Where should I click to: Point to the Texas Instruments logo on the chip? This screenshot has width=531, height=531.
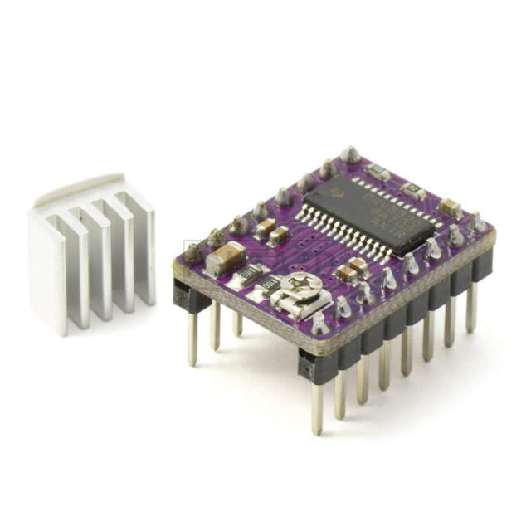[x=335, y=193]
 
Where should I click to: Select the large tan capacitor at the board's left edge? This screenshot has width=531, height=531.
[x=225, y=258]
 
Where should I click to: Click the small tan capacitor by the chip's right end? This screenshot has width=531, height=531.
[x=451, y=207]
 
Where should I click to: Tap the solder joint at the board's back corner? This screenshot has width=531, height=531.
[x=350, y=154]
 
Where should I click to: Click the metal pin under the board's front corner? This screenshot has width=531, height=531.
[x=317, y=406]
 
